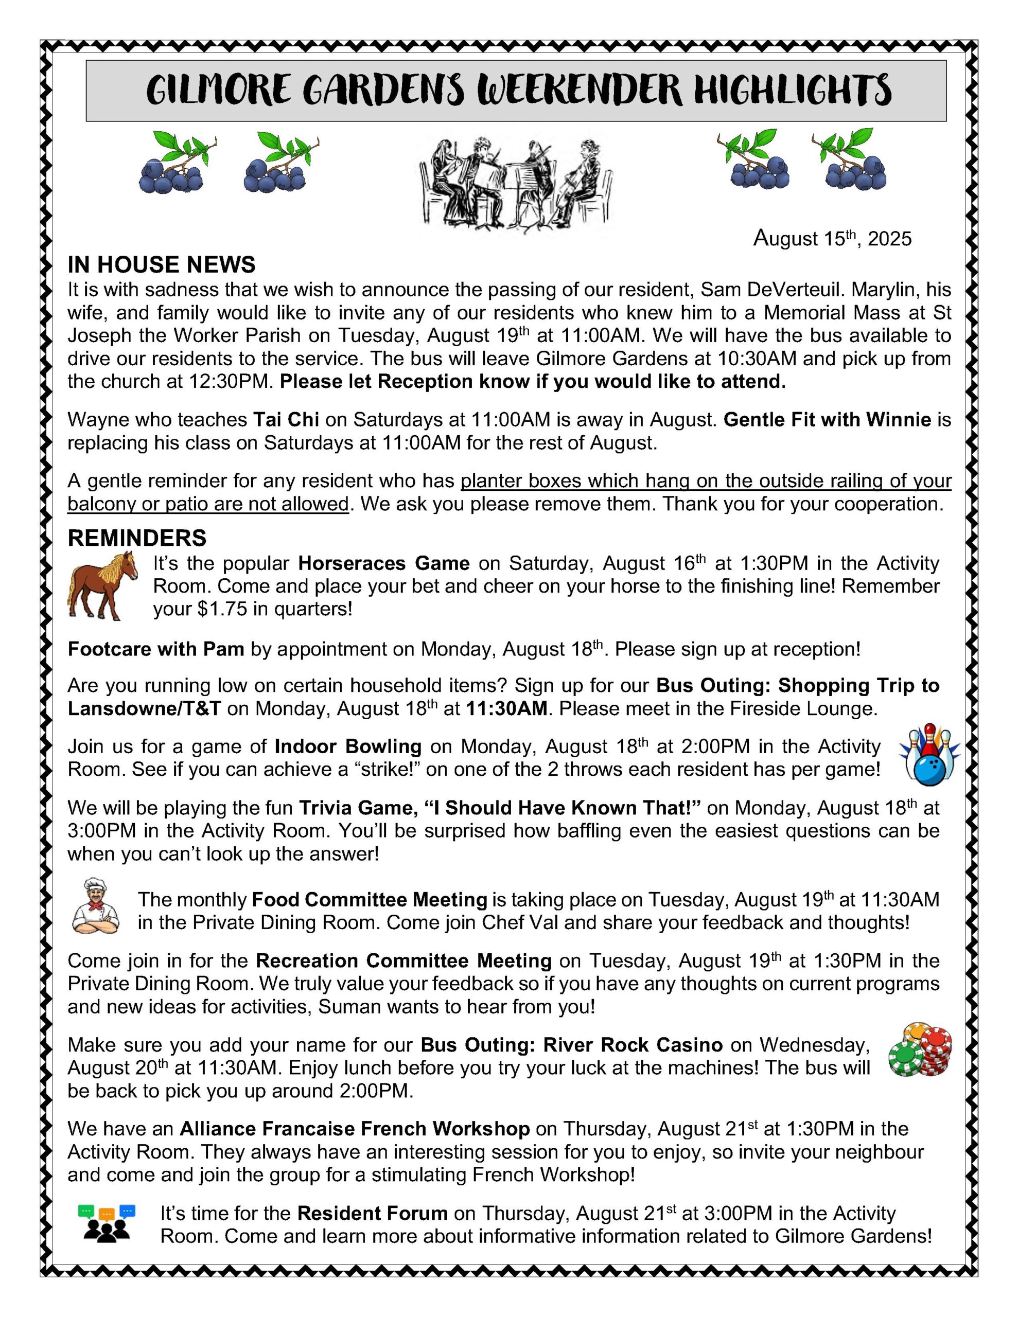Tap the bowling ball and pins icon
928,755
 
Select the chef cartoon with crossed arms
95,906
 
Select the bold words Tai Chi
286,419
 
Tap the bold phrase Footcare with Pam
156,649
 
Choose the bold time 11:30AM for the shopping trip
506,708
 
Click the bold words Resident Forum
372,1213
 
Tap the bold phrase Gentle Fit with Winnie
827,419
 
